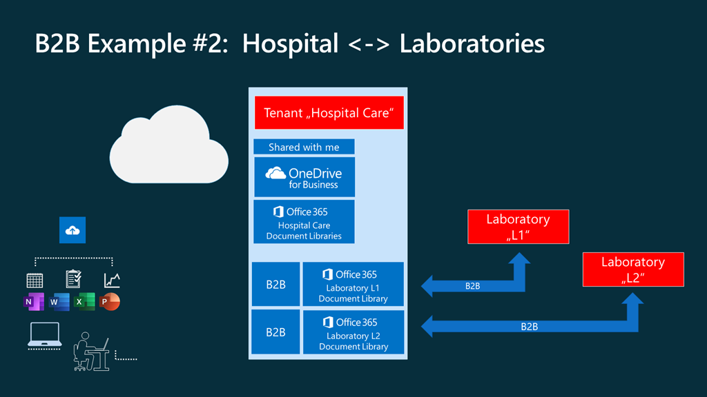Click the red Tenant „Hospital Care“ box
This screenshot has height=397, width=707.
pos(328,112)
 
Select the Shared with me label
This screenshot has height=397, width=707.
pos(304,147)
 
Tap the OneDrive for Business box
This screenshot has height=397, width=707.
pos(304,177)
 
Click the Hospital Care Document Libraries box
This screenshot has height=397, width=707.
pos(304,221)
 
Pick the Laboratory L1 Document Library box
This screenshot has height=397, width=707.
pos(353,284)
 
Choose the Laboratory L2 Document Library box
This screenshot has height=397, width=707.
pos(353,332)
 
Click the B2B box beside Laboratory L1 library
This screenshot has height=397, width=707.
pos(275,284)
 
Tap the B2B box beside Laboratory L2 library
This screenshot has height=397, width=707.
pos(275,332)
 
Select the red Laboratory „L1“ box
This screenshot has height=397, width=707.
pos(518,227)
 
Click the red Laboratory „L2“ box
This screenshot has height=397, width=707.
pos(632,269)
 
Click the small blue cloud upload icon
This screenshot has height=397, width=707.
pos(72,231)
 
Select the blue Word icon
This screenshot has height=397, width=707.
pos(59,302)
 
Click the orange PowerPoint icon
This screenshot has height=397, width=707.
pos(109,302)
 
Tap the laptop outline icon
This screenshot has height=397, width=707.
pos(44,335)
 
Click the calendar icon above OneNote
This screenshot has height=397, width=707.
pos(35,280)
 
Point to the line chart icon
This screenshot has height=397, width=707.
pos(112,280)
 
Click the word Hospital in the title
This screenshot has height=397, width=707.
pos(290,43)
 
